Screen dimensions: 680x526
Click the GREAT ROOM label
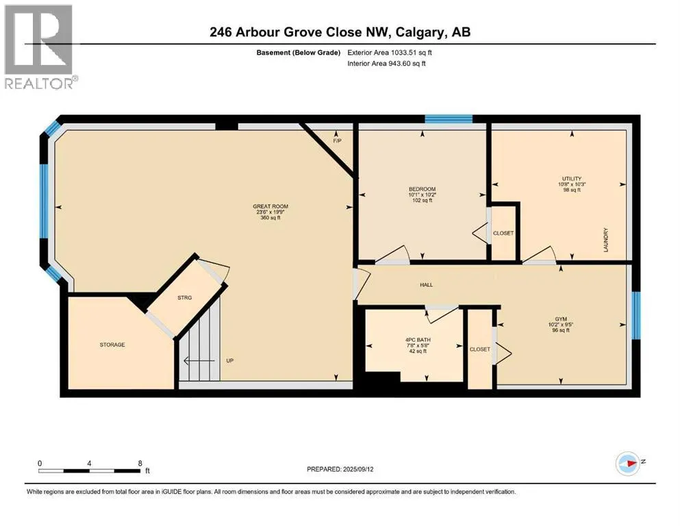click(x=270, y=206)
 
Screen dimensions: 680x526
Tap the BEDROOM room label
click(x=422, y=189)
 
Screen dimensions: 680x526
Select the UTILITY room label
click(x=572, y=179)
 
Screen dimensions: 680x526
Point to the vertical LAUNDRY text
click(x=606, y=240)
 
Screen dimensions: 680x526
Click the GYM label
click(x=561, y=318)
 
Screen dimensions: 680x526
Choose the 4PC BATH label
click(x=418, y=340)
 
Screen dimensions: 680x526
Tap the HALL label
click(x=427, y=285)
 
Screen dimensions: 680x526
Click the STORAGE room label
click(x=112, y=345)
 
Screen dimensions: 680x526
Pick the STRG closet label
click(x=184, y=298)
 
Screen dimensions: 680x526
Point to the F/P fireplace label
click(x=337, y=141)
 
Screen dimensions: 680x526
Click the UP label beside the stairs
click(x=230, y=360)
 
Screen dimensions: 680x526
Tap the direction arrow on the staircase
click(x=199, y=360)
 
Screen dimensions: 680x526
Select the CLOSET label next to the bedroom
click(x=503, y=234)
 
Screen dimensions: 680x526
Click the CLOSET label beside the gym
click(x=479, y=349)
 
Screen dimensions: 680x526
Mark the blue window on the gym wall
click(x=635, y=315)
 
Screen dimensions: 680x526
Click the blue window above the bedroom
click(x=449, y=118)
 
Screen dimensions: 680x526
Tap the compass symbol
click(x=627, y=464)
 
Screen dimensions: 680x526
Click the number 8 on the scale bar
click(x=140, y=463)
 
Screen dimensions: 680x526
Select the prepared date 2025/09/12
click(x=358, y=469)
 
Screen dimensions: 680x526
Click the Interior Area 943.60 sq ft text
click(x=386, y=63)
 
